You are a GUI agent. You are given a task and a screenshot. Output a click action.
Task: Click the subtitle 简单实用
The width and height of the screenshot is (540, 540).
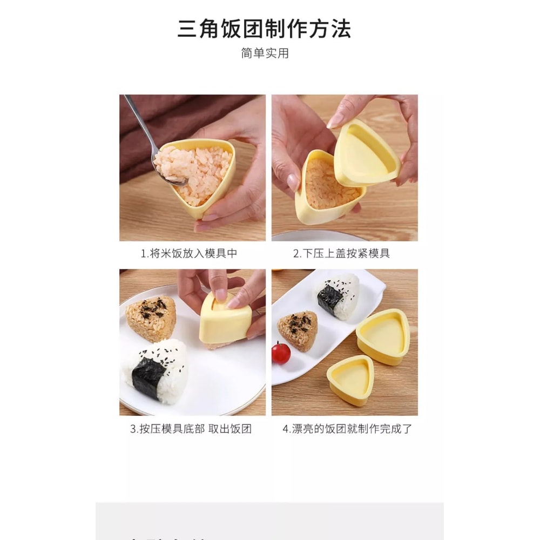tap(265, 53)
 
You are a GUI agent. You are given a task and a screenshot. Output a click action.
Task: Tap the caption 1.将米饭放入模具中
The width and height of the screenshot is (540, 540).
tap(188, 253)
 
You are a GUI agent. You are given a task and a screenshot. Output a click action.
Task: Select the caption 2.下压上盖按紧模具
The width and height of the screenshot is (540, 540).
tap(341, 253)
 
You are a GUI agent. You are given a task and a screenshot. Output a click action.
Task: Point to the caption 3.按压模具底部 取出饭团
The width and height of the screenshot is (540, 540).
tap(191, 429)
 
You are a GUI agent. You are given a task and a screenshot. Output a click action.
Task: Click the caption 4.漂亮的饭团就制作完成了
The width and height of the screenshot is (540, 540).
tap(347, 429)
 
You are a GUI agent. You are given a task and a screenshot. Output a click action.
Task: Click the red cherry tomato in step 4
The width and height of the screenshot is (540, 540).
tap(281, 353)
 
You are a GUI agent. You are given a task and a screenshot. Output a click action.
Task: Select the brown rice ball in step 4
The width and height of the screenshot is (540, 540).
tap(298, 329)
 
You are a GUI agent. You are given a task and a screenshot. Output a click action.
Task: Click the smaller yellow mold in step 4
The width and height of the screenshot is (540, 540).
tap(350, 381)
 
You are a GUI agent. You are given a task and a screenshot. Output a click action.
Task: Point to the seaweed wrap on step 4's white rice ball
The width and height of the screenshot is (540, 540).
tap(330, 299)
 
